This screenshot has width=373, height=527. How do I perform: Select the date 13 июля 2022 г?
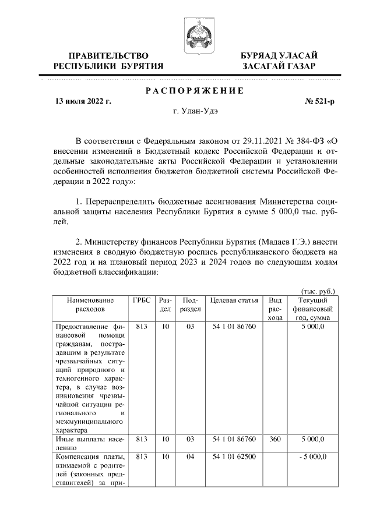[x=82, y=101]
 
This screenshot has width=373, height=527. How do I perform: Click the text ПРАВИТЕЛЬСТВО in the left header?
[x=108, y=55]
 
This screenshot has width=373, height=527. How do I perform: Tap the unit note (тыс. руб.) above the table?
[x=318, y=291]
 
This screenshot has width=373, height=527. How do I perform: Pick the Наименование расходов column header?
[x=90, y=305]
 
